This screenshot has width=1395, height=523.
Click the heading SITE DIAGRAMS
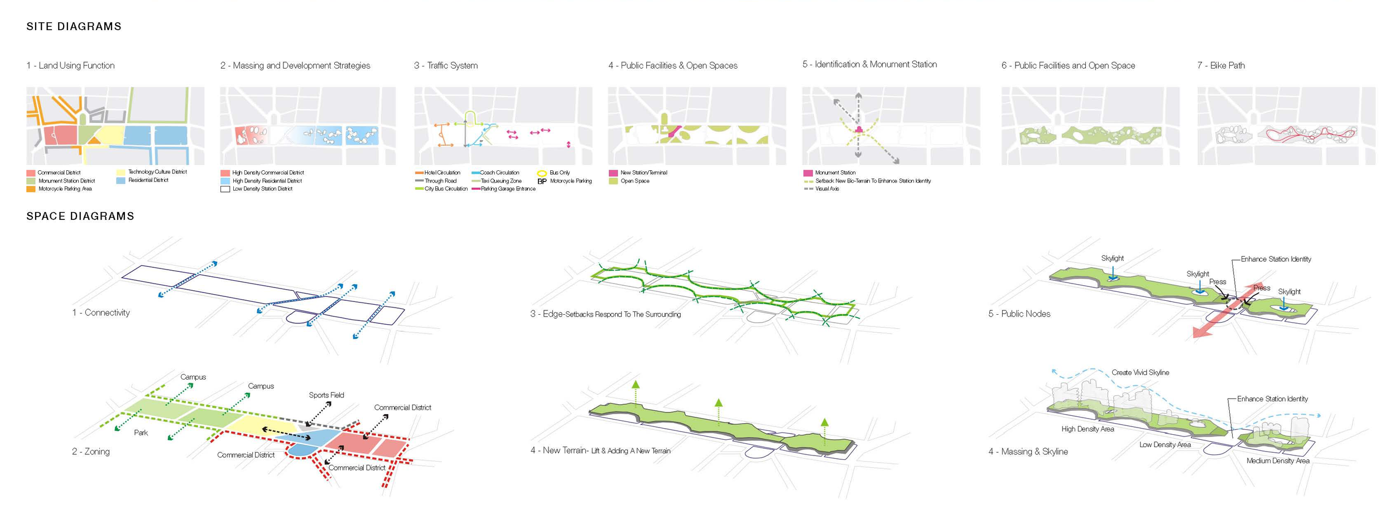tap(74, 26)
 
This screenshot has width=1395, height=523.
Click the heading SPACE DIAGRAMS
tap(80, 216)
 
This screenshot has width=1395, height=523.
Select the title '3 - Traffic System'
tap(445, 65)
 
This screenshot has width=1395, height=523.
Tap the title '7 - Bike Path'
tap(1220, 65)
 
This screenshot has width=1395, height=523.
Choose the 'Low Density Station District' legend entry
tap(262, 189)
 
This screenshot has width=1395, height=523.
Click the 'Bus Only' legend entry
tap(559, 172)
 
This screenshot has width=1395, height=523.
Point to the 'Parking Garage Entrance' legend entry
tap(508, 189)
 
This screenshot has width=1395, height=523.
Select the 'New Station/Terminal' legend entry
tap(643, 172)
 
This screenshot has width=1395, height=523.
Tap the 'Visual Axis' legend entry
tap(827, 189)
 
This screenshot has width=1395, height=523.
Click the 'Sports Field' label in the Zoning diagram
tap(326, 395)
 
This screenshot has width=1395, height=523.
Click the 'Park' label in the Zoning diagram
tap(141, 433)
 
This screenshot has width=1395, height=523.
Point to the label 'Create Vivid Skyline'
tap(1140, 372)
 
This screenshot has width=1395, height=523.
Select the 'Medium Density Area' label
tap(1278, 460)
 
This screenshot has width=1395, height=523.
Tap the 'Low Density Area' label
tap(1165, 445)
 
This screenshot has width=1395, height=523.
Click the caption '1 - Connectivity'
tap(101, 313)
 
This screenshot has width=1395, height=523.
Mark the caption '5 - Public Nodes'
tap(1019, 314)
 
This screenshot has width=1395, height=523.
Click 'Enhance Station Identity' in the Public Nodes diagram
tap(1276, 259)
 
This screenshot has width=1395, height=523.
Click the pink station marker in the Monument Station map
tap(859, 130)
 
